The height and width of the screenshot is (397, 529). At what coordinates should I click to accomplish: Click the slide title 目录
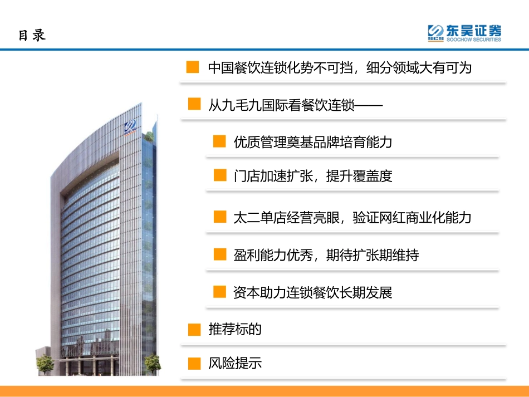click(x=32, y=35)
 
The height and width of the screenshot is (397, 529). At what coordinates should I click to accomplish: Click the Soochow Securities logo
click(x=464, y=33)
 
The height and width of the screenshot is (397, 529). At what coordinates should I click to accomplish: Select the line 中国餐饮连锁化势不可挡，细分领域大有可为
click(x=340, y=68)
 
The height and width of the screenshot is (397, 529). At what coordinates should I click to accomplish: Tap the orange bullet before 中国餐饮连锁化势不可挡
click(x=193, y=67)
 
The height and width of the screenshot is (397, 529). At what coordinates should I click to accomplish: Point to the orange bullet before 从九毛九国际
click(x=194, y=104)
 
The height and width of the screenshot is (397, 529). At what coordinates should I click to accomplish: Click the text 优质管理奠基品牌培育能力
click(x=313, y=142)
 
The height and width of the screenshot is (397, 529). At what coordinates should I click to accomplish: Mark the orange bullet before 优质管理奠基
click(x=220, y=141)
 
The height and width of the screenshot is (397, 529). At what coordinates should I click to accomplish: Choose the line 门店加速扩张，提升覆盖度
click(x=313, y=176)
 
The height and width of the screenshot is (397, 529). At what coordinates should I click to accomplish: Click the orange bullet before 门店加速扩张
click(x=220, y=176)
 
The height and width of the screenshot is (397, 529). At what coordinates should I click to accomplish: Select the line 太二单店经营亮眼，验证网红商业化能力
click(x=352, y=217)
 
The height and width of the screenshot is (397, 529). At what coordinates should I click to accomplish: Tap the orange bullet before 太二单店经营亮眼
click(x=220, y=217)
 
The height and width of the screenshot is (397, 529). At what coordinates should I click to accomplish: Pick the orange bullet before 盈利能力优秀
click(x=220, y=254)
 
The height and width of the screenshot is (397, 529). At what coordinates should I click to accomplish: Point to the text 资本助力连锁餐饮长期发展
click(x=313, y=292)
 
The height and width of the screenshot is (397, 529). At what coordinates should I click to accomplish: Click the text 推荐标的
click(x=235, y=329)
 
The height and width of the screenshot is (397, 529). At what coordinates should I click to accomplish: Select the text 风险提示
click(x=235, y=364)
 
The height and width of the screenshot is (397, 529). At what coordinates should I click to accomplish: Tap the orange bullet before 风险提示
click(x=194, y=364)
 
